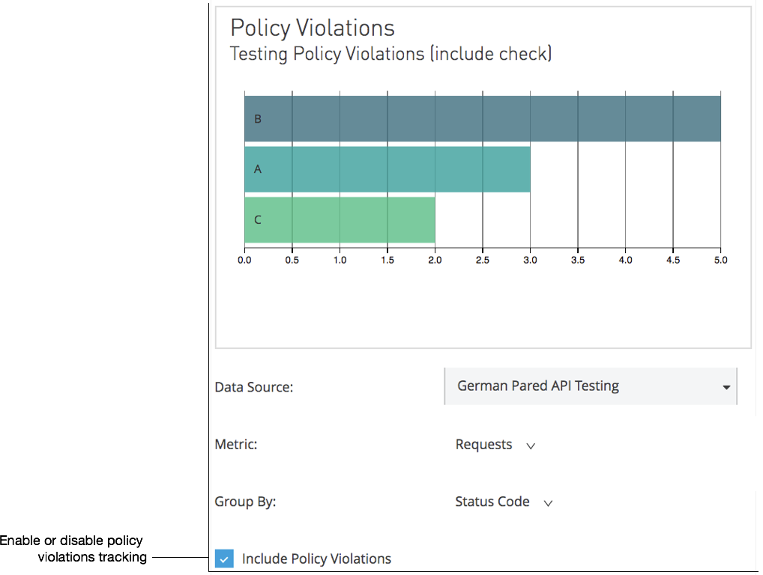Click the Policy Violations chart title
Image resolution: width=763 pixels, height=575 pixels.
(312, 28)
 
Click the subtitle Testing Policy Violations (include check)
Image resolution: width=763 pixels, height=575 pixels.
(390, 54)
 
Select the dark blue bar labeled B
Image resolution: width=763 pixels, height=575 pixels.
(482, 118)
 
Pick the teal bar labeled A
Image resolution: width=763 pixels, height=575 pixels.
(387, 169)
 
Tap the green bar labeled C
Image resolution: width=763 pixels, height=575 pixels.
(340, 220)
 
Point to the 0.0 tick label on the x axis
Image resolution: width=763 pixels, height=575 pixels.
(244, 261)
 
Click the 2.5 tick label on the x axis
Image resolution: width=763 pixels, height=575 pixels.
(483, 261)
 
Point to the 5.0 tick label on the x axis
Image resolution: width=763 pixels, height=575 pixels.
(720, 261)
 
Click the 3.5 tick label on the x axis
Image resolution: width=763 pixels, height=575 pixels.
(578, 261)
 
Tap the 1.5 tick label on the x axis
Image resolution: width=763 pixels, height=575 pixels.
(387, 261)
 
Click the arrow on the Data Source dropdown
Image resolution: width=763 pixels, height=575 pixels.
(726, 387)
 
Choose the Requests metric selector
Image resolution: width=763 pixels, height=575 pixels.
(495, 445)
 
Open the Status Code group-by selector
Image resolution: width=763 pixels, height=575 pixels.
(503, 502)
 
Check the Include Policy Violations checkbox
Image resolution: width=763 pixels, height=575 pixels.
(223, 559)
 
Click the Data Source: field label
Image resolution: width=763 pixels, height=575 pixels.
(253, 387)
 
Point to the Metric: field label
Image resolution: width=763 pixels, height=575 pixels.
(235, 445)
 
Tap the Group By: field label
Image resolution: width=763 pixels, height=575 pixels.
(245, 502)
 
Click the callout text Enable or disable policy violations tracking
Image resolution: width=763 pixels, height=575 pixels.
(73, 549)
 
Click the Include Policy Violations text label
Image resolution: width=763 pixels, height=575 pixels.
(316, 559)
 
